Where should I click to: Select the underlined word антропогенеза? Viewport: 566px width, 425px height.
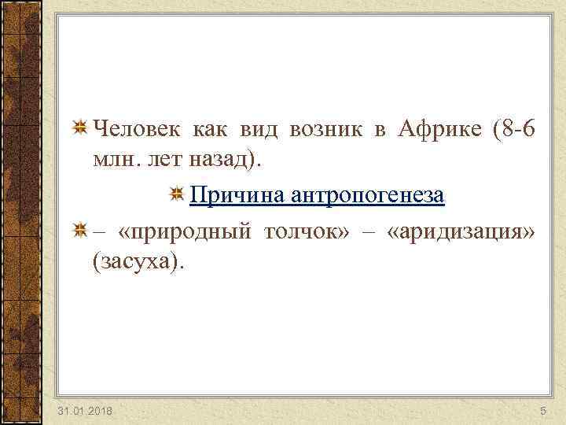coord(369,195)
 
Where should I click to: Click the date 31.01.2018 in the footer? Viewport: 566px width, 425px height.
coord(85,412)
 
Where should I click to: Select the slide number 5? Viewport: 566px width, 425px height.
coord(542,412)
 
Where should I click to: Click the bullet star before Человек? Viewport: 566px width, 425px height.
coord(80,128)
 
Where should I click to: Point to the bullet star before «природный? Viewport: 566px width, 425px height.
coord(80,230)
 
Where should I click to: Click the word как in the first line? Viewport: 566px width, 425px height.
coord(206,129)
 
